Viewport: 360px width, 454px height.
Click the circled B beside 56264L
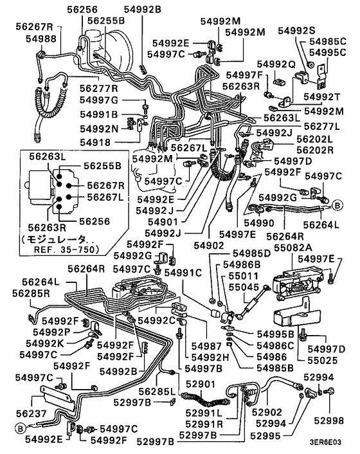pos(337,206)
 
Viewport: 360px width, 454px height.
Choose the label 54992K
pos(41,343)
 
